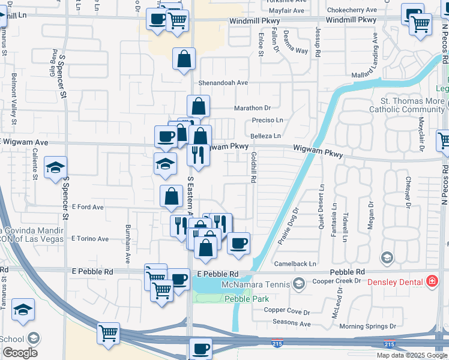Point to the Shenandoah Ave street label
[224, 83]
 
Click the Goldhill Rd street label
[254, 167]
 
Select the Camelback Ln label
[295, 264]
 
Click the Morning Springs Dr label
[368, 326]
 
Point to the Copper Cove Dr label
[287, 312]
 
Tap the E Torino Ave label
[90, 239]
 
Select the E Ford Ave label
[88, 206]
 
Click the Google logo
[20, 353]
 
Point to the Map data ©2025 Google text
[411, 355]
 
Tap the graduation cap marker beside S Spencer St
[55, 168]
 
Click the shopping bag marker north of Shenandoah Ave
[184, 59]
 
